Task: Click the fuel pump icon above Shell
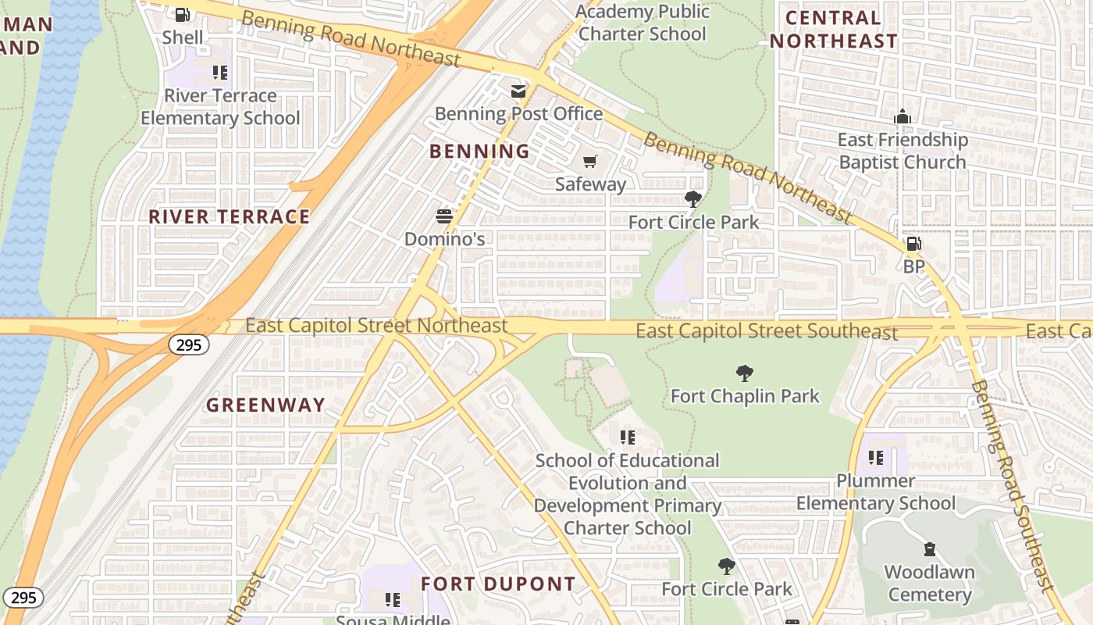click(182, 14)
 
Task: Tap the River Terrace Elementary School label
click(220, 107)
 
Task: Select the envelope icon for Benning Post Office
click(518, 91)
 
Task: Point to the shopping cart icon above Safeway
click(590, 162)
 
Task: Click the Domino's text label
click(444, 239)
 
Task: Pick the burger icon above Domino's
click(444, 216)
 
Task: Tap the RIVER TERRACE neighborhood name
click(230, 216)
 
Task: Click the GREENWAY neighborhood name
click(265, 405)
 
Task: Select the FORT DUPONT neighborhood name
click(498, 584)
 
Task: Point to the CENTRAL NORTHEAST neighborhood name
click(834, 29)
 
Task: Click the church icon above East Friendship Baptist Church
click(903, 117)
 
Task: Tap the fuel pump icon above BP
click(913, 244)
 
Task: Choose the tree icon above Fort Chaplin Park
click(745, 373)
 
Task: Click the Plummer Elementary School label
click(876, 491)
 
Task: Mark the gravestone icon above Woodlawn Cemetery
click(929, 549)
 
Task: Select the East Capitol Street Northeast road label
click(376, 325)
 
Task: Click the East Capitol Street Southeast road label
click(767, 331)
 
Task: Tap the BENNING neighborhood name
click(479, 152)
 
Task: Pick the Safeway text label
click(590, 184)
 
